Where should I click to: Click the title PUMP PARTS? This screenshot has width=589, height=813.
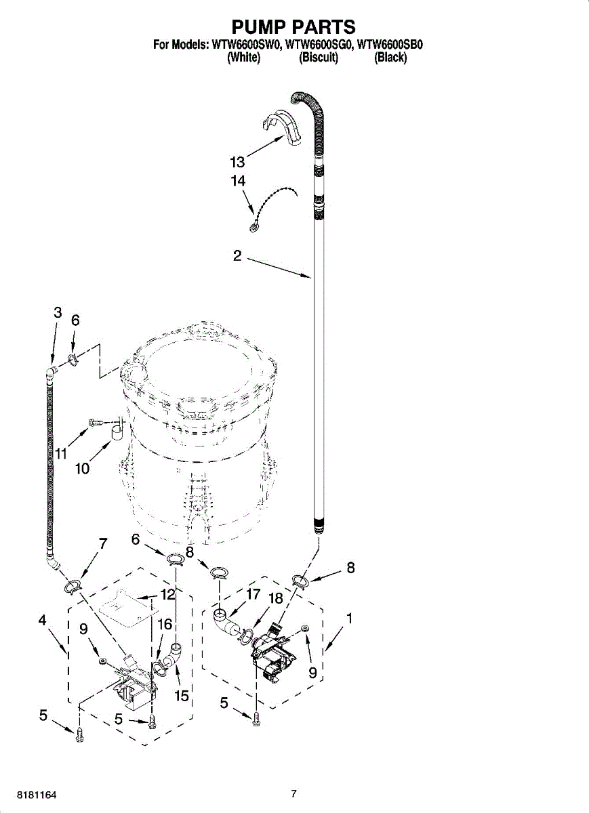[x=293, y=26]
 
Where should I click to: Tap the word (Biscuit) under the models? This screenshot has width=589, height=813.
[x=319, y=58]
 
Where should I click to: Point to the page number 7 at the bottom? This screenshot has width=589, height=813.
[x=293, y=793]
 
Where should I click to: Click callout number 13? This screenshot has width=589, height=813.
[x=238, y=163]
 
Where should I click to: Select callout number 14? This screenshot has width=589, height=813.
[x=238, y=181]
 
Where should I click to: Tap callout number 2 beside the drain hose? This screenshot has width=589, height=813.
[x=237, y=256]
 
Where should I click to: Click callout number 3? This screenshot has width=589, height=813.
[x=58, y=312]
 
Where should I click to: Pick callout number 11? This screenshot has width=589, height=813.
[x=62, y=453]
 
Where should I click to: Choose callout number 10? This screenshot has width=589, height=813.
[x=83, y=468]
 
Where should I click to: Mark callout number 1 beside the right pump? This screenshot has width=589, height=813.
[x=349, y=618]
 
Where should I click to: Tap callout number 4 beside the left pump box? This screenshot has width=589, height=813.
[x=43, y=619]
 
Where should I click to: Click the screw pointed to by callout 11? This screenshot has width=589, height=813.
[x=96, y=423]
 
